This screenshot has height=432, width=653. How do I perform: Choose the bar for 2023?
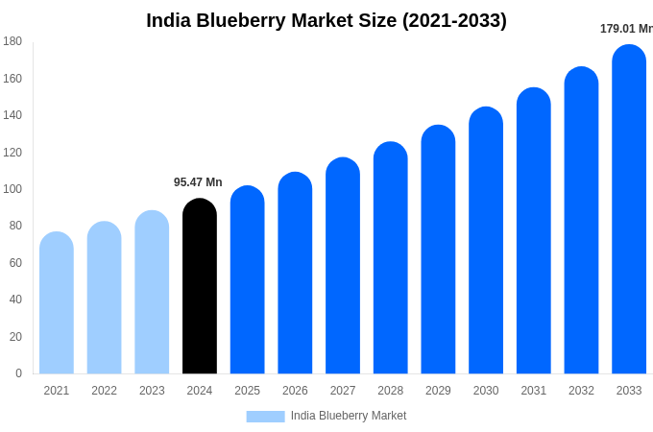(152, 292)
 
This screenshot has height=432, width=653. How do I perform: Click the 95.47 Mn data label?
(198, 182)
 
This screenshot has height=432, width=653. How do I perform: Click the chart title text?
(326, 20)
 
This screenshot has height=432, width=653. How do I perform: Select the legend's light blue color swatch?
(265, 417)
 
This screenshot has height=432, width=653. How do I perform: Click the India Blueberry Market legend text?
(349, 416)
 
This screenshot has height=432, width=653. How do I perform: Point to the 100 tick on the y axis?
(12, 189)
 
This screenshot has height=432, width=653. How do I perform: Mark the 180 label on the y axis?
(12, 41)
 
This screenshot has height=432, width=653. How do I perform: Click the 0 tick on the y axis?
(18, 373)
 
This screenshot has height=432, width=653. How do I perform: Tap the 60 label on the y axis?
(15, 263)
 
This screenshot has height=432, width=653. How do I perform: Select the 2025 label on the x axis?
(247, 391)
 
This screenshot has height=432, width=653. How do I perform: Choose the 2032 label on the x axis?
(581, 391)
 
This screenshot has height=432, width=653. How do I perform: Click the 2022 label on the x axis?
(104, 391)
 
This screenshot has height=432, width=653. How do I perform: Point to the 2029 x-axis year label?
(438, 391)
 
